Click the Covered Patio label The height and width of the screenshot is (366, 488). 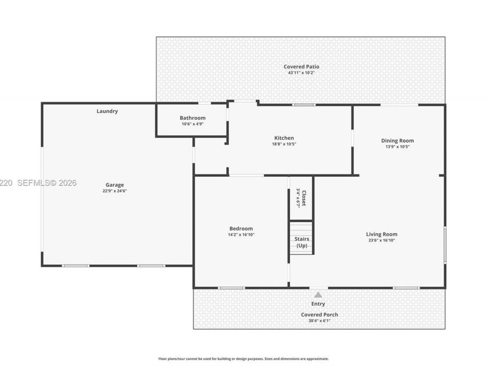click(x=301, y=67)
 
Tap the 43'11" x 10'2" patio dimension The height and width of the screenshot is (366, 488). click(x=301, y=73)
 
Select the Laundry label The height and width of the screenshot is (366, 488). click(x=107, y=111)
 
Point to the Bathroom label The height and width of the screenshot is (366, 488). click(x=192, y=118)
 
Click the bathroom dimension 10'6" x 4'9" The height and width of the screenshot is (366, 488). click(x=192, y=124)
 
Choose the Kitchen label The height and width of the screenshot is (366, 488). click(x=284, y=138)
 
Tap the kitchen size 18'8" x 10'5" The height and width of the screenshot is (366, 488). click(x=284, y=144)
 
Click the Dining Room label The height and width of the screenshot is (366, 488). click(x=397, y=140)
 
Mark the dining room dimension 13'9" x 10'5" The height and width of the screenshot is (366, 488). click(x=397, y=147)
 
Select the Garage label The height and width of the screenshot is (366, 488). click(x=114, y=185)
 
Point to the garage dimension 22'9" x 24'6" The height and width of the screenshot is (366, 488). click(x=114, y=191)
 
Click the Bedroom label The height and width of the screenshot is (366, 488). click(x=241, y=229)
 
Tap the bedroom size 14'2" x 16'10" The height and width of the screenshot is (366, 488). click(x=241, y=235)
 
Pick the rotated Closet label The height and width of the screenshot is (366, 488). click(x=304, y=198)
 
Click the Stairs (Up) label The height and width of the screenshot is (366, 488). click(x=302, y=242)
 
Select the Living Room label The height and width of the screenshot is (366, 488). click(x=382, y=234)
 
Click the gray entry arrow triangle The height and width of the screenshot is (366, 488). click(x=318, y=295)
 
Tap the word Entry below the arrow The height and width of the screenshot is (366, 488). click(x=318, y=304)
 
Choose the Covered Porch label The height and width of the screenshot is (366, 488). click(x=319, y=314)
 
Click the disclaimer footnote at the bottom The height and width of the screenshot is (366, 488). click(x=243, y=359)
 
